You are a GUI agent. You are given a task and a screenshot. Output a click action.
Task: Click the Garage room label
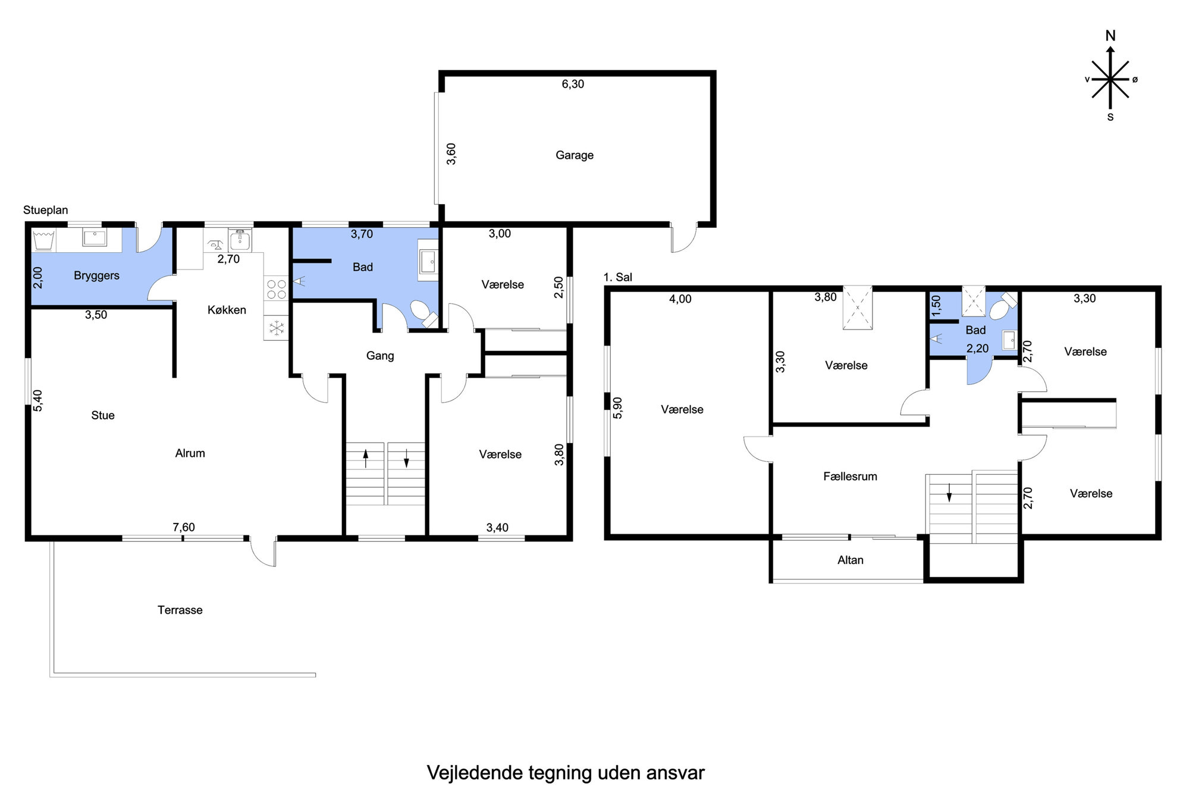(575, 155)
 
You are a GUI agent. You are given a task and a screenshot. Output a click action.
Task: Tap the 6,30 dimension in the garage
(573, 84)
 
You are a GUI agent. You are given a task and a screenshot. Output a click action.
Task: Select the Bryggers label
(96, 276)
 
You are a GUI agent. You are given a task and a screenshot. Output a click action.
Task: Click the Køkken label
(227, 310)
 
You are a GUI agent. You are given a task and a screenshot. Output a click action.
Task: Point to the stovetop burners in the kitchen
(276, 289)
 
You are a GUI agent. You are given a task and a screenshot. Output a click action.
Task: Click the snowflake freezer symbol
(276, 328)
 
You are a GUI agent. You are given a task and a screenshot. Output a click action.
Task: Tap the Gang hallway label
(380, 356)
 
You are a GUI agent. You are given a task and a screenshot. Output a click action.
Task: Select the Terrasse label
(180, 610)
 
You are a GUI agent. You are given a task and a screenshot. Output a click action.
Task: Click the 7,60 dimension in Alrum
(184, 527)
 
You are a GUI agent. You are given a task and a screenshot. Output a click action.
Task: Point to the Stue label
(103, 416)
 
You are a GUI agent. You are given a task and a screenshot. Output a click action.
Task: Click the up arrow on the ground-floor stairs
(366, 458)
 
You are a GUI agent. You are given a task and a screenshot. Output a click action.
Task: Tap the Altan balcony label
(851, 560)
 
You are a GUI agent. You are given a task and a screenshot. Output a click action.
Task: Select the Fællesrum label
(851, 476)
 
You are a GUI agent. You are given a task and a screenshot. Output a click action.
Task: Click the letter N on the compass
(1110, 36)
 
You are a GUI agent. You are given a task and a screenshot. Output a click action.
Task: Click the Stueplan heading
(46, 210)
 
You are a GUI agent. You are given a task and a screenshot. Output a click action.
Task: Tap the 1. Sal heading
(618, 277)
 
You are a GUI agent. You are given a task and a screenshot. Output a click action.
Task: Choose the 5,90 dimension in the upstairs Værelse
(617, 408)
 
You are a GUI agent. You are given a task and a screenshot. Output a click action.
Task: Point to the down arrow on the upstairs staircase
(949, 493)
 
